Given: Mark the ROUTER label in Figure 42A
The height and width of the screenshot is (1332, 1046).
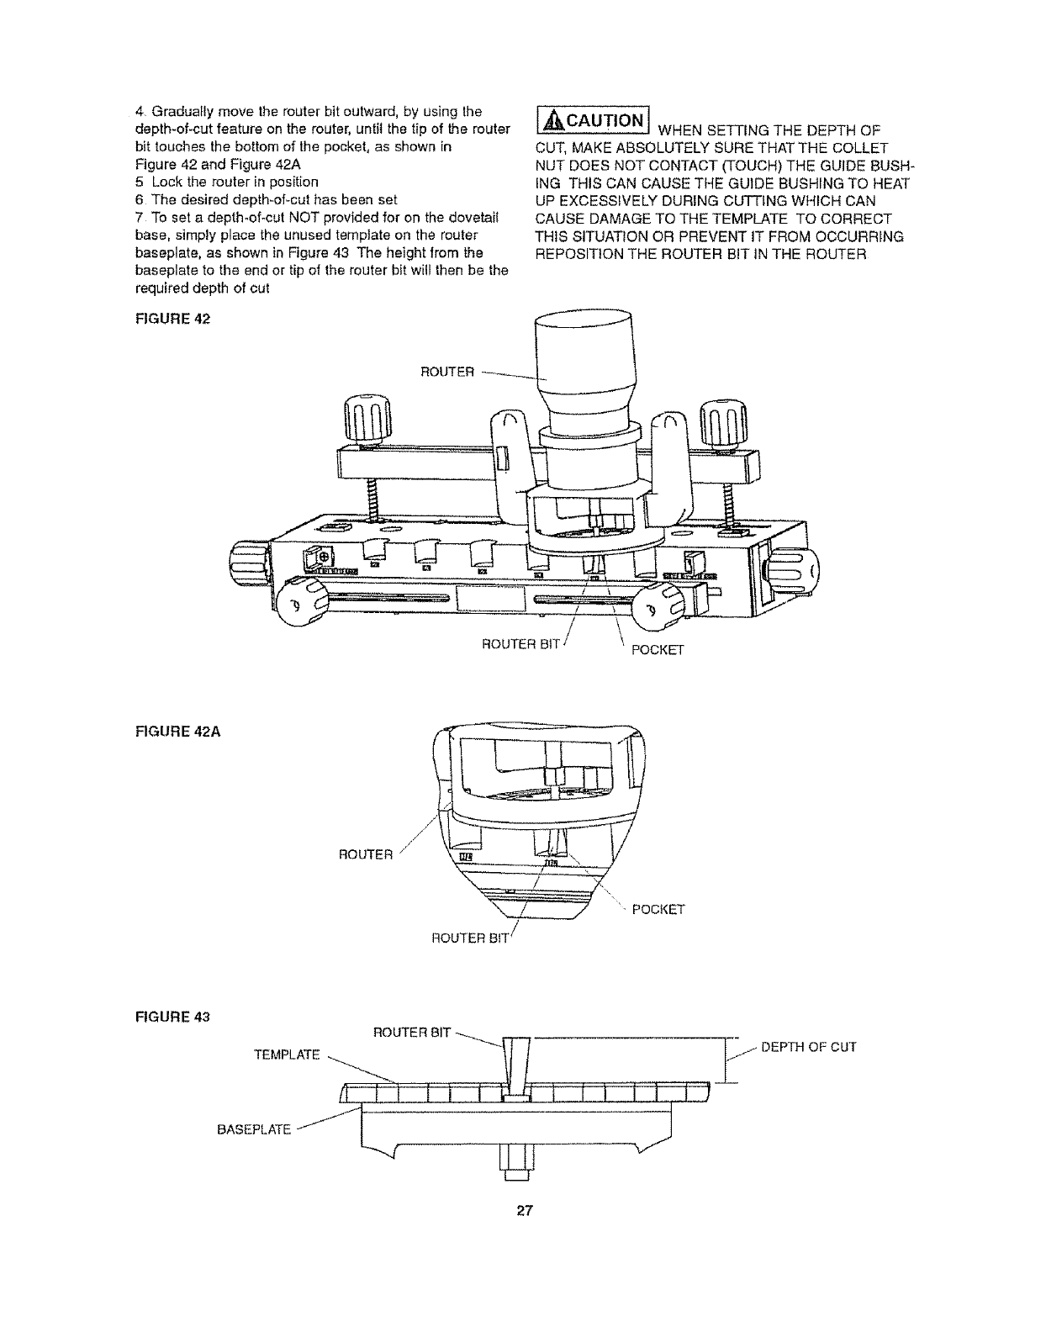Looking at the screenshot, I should pos(365,855).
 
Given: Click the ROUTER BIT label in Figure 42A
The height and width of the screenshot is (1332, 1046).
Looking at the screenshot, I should pos(469,939).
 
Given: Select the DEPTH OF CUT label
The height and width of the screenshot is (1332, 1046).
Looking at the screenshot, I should pos(808,1047).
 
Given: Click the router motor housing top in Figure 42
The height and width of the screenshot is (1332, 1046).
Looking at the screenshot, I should pos(584,341).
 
